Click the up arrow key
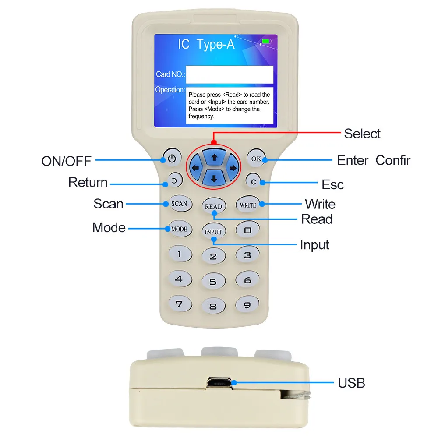(214, 156)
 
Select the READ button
(213, 206)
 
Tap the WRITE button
(248, 205)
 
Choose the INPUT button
(213, 232)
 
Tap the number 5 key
(213, 282)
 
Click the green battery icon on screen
(266, 42)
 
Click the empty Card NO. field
(230, 74)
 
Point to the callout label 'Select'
(362, 134)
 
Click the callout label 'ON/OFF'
(66, 161)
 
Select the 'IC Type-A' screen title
(206, 44)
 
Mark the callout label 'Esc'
(333, 184)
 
